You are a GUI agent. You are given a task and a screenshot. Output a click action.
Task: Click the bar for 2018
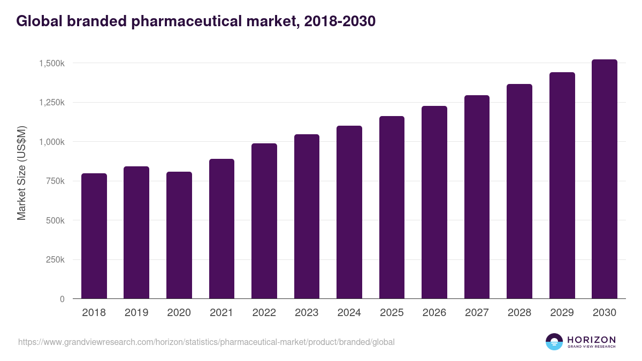click(94, 236)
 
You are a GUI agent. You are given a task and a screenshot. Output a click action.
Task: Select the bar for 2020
click(179, 235)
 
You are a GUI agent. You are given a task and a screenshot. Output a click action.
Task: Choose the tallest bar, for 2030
click(605, 179)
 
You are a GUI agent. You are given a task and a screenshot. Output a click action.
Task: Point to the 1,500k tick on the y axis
click(52, 63)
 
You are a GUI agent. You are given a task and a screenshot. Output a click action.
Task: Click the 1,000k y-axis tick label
click(52, 142)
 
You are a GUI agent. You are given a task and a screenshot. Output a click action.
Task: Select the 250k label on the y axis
click(55, 260)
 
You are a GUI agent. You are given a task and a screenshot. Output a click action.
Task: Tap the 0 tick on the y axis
click(62, 299)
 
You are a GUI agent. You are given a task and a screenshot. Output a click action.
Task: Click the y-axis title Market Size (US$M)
click(21, 173)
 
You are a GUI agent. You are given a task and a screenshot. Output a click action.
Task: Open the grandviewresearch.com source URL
click(206, 342)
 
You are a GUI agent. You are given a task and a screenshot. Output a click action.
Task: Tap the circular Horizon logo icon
click(554, 342)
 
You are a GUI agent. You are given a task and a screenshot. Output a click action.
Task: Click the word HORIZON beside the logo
click(591, 340)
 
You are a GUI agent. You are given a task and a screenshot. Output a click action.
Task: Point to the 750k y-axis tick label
click(55, 181)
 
